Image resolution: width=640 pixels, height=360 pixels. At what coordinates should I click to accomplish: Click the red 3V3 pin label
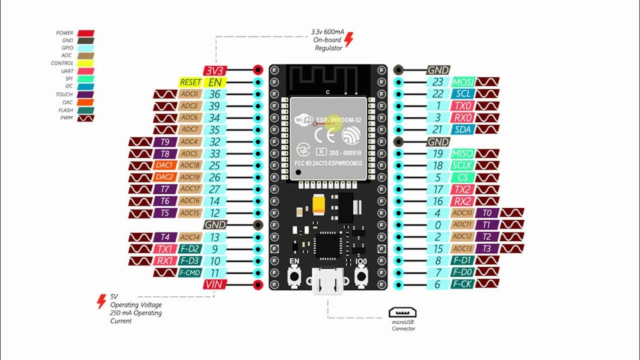[214, 70]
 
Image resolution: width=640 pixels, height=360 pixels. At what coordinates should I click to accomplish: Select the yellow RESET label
[190, 82]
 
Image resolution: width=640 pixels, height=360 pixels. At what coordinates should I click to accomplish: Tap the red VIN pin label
[214, 284]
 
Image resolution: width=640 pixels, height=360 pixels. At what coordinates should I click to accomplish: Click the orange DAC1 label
[165, 165]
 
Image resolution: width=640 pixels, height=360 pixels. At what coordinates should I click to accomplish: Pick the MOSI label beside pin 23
[462, 82]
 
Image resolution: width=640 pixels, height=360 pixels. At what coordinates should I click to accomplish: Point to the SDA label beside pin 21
[462, 129]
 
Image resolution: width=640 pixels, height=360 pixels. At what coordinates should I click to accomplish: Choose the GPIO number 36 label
[215, 94]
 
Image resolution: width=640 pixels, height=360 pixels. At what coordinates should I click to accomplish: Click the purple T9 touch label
[165, 142]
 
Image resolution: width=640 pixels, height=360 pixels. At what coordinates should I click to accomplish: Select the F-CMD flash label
[190, 273]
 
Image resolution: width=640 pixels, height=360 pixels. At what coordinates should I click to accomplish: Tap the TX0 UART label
[462, 106]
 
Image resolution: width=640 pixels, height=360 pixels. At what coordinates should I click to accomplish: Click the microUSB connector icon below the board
[403, 313]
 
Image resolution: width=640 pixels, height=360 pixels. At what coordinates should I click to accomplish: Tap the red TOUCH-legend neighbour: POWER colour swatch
[85, 33]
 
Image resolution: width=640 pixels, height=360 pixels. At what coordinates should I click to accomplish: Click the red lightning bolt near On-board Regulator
[349, 39]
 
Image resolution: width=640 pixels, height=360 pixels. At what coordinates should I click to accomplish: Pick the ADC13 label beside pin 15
[462, 248]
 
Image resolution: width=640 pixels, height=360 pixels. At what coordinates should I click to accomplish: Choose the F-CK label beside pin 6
[462, 284]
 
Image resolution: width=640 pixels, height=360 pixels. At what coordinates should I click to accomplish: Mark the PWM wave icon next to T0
[512, 213]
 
